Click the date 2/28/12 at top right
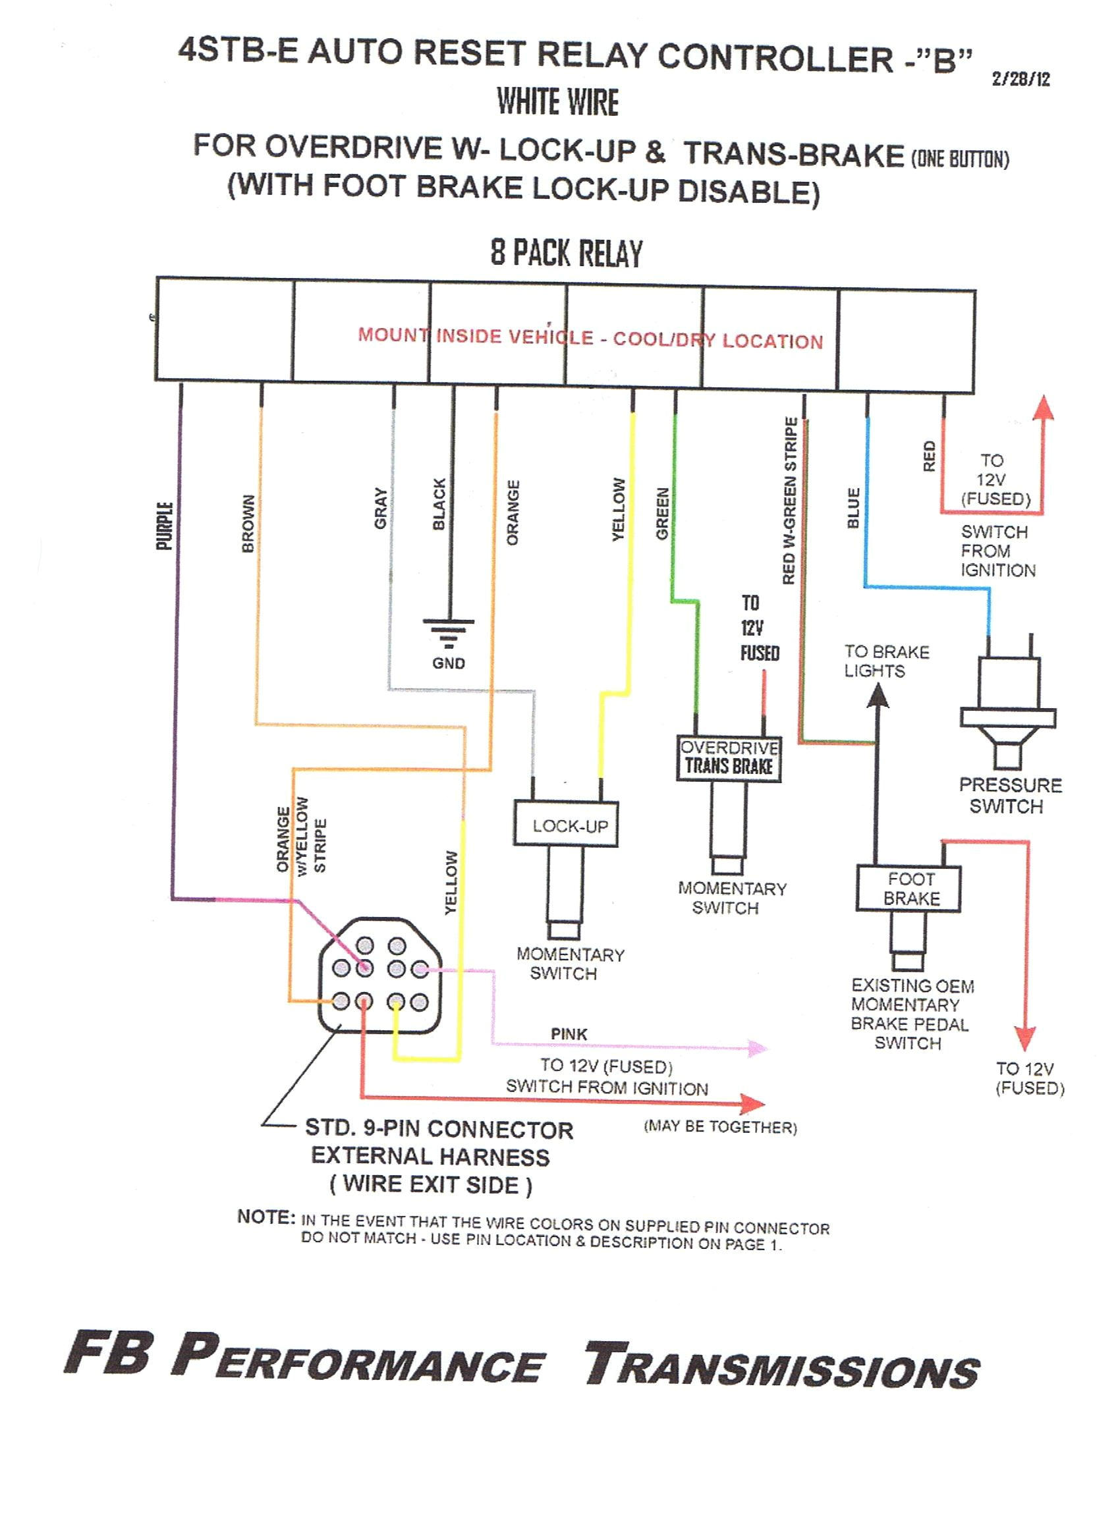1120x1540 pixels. click(1020, 79)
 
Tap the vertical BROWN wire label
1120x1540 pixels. click(248, 523)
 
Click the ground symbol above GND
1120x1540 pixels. click(448, 632)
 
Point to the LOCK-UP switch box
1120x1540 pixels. click(566, 824)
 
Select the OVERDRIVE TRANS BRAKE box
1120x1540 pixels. click(729, 757)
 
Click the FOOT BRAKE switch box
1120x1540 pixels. click(908, 887)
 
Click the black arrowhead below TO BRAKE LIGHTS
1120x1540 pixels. click(878, 696)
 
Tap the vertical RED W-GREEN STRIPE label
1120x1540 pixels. click(789, 501)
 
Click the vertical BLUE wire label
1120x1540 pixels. click(854, 507)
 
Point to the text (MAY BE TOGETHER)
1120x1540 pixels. click(720, 1127)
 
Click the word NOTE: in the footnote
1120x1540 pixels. click(266, 1216)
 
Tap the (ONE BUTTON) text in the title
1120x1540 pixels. click(960, 159)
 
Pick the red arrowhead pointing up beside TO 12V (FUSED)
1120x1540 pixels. click(1044, 410)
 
